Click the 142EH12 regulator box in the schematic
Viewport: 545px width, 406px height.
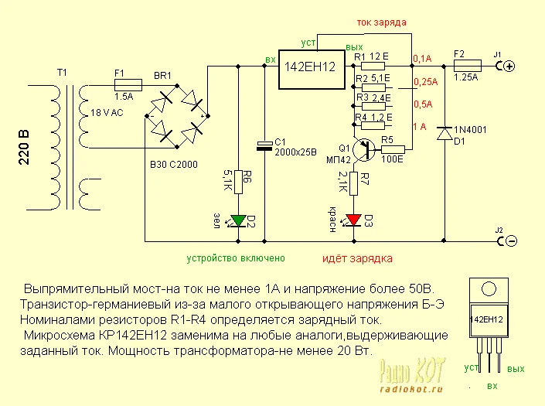coord(312,70)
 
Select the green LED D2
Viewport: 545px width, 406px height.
coord(238,220)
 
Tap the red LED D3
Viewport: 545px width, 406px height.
coord(354,220)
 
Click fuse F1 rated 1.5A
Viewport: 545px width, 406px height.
coord(128,84)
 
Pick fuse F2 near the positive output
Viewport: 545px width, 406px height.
coord(468,66)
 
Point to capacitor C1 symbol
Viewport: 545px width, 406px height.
coord(264,146)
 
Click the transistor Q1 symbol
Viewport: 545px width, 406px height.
coord(363,149)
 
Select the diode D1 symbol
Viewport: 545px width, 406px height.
coord(445,133)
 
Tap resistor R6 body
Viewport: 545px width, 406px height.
coord(238,182)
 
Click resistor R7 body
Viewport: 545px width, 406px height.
coord(354,183)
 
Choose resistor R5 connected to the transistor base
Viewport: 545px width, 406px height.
coord(393,149)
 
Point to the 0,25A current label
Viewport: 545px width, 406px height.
coord(425,82)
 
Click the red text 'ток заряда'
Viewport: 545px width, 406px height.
coord(381,22)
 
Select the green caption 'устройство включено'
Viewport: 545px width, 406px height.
coord(236,258)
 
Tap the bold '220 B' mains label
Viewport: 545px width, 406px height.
coord(24,148)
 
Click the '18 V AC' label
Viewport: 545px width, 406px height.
coord(107,113)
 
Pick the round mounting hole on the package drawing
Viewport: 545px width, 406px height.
coord(489,289)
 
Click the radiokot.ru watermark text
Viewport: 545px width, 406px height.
coord(411,389)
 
